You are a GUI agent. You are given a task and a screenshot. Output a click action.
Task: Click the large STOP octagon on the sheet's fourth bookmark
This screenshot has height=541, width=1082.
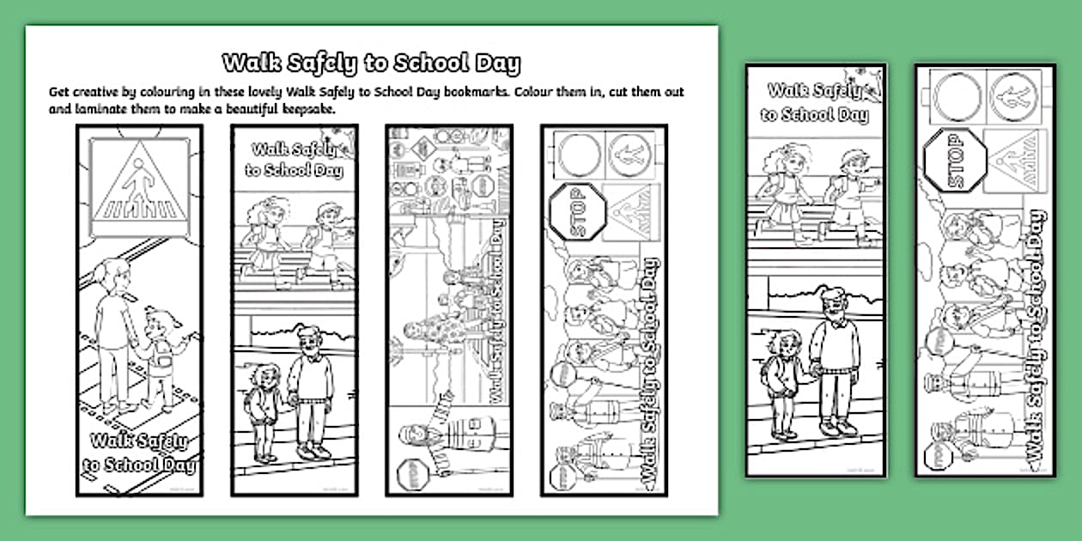575,210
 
